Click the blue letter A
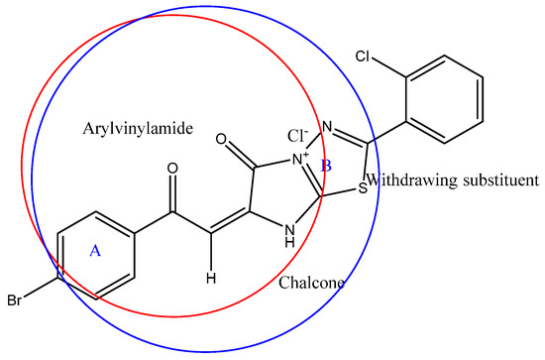pyautogui.click(x=95, y=252)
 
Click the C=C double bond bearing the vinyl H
pyautogui.click(x=224, y=223)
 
